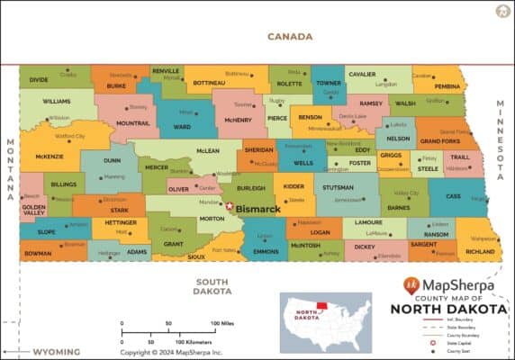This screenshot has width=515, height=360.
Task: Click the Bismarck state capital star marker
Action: [229, 206]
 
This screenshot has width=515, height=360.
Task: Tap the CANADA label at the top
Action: [290, 37]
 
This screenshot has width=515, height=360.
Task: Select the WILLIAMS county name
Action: [56, 102]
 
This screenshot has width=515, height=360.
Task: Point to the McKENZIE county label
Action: [49, 156]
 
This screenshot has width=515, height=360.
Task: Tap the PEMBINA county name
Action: [448, 86]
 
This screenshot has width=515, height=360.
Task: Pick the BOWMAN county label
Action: [38, 254]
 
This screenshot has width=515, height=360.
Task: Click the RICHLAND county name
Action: [480, 252]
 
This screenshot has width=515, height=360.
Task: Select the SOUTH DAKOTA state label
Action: [212, 286]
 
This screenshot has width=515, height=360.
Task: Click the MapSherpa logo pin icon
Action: [411, 286]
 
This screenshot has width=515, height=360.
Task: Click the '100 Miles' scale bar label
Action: [225, 323]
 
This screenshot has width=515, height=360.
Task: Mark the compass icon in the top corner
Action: [501, 12]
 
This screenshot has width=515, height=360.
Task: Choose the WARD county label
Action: [182, 127]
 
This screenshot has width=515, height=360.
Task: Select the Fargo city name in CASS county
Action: [477, 199]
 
